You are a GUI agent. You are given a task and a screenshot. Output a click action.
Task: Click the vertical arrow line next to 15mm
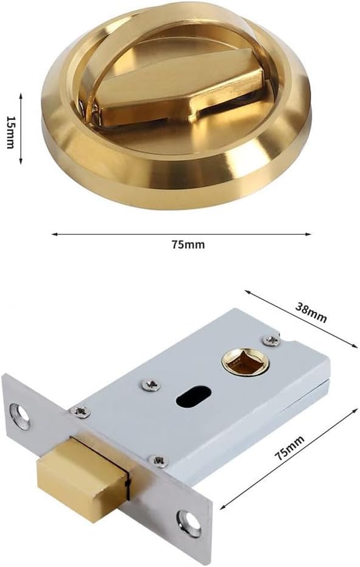point(21,129)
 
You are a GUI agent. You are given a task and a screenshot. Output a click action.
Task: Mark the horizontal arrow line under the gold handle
point(181,233)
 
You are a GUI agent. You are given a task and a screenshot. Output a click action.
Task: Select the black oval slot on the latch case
point(190,398)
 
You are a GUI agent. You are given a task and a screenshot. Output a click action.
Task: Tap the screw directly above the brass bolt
point(80,412)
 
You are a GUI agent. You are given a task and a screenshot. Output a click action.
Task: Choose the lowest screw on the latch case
point(160,461)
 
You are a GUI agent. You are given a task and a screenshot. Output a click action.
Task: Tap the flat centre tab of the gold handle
point(177,91)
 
